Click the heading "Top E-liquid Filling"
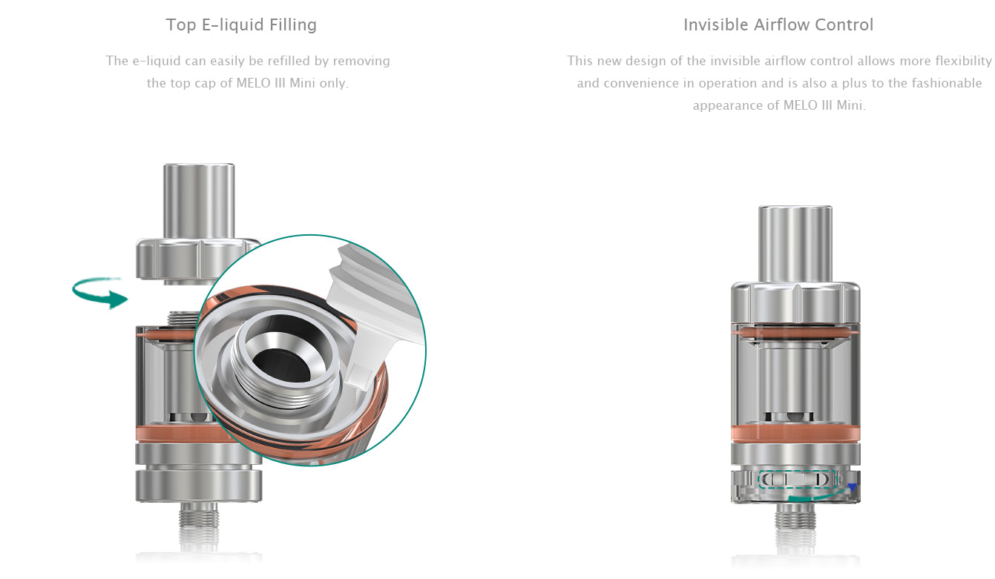[x=241, y=25]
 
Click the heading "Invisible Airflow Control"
[x=778, y=25]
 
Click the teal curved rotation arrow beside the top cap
[x=99, y=292]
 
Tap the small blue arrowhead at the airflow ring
[x=852, y=487]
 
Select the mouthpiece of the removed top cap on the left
[x=199, y=201]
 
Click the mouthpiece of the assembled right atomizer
[x=795, y=244]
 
